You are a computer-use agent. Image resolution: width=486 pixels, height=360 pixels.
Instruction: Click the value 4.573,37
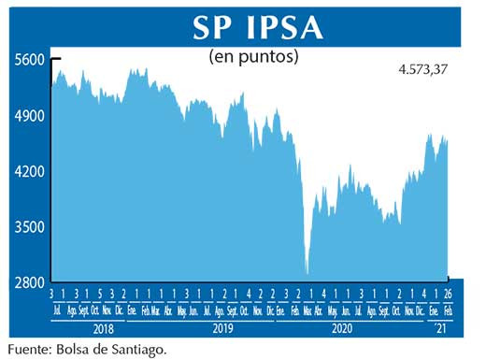click(430, 68)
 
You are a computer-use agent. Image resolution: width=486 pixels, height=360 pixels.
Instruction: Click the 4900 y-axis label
click(30, 116)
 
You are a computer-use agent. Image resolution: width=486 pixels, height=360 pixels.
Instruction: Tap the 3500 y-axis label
click(30, 227)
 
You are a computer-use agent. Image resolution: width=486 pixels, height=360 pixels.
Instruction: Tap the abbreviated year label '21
click(441, 329)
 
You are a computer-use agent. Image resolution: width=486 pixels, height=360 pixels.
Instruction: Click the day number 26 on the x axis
click(448, 295)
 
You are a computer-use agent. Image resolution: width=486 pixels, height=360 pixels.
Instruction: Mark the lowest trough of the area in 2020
click(307, 273)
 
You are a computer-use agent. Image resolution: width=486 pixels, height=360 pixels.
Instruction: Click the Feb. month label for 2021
click(448, 309)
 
